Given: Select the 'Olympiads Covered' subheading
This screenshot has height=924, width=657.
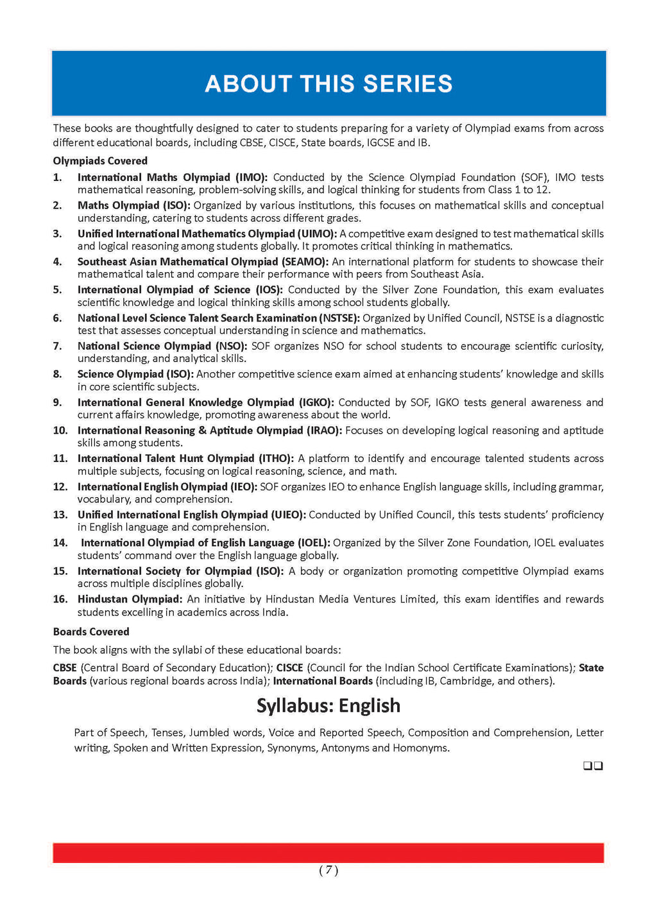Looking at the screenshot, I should [x=100, y=161].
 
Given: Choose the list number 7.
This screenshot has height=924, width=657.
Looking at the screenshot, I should [x=58, y=346].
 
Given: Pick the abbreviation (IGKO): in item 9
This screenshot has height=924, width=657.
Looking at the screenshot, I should [x=316, y=403].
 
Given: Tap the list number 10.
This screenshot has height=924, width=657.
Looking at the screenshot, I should [x=60, y=431].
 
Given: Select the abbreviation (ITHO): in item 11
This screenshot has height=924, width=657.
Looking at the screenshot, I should [x=275, y=459].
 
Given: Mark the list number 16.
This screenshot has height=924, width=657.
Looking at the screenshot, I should [x=60, y=599].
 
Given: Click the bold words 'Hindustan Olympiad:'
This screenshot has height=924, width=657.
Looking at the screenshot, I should [x=130, y=599].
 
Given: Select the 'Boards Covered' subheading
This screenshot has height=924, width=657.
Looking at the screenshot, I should [x=91, y=632].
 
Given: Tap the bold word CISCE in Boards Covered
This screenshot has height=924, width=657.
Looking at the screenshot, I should [x=289, y=668].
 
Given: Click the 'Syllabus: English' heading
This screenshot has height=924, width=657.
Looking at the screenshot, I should [x=328, y=706].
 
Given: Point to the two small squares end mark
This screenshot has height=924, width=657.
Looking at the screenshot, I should [x=593, y=766].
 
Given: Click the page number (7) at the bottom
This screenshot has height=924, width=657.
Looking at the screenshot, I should [x=328, y=870].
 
